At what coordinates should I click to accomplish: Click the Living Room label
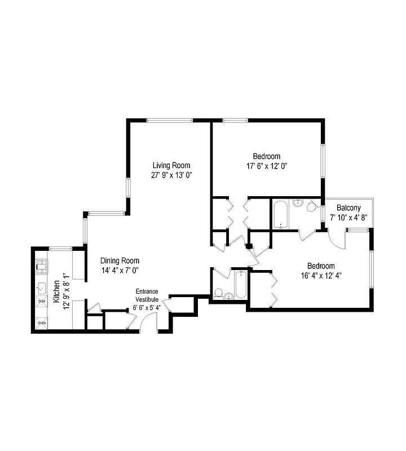171,165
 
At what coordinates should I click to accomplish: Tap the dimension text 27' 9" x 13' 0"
171,175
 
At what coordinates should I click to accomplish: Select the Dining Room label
120,261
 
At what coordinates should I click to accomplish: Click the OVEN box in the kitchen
42,323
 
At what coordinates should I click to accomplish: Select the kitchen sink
42,288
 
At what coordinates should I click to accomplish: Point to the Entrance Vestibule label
147,295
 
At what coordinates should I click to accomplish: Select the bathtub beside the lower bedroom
240,285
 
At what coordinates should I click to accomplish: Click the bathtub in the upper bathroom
281,214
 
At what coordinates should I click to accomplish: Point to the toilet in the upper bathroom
311,207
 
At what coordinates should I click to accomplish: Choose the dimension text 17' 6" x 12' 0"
267,166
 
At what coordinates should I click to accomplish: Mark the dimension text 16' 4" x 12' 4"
321,276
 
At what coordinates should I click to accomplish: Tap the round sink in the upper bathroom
298,204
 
